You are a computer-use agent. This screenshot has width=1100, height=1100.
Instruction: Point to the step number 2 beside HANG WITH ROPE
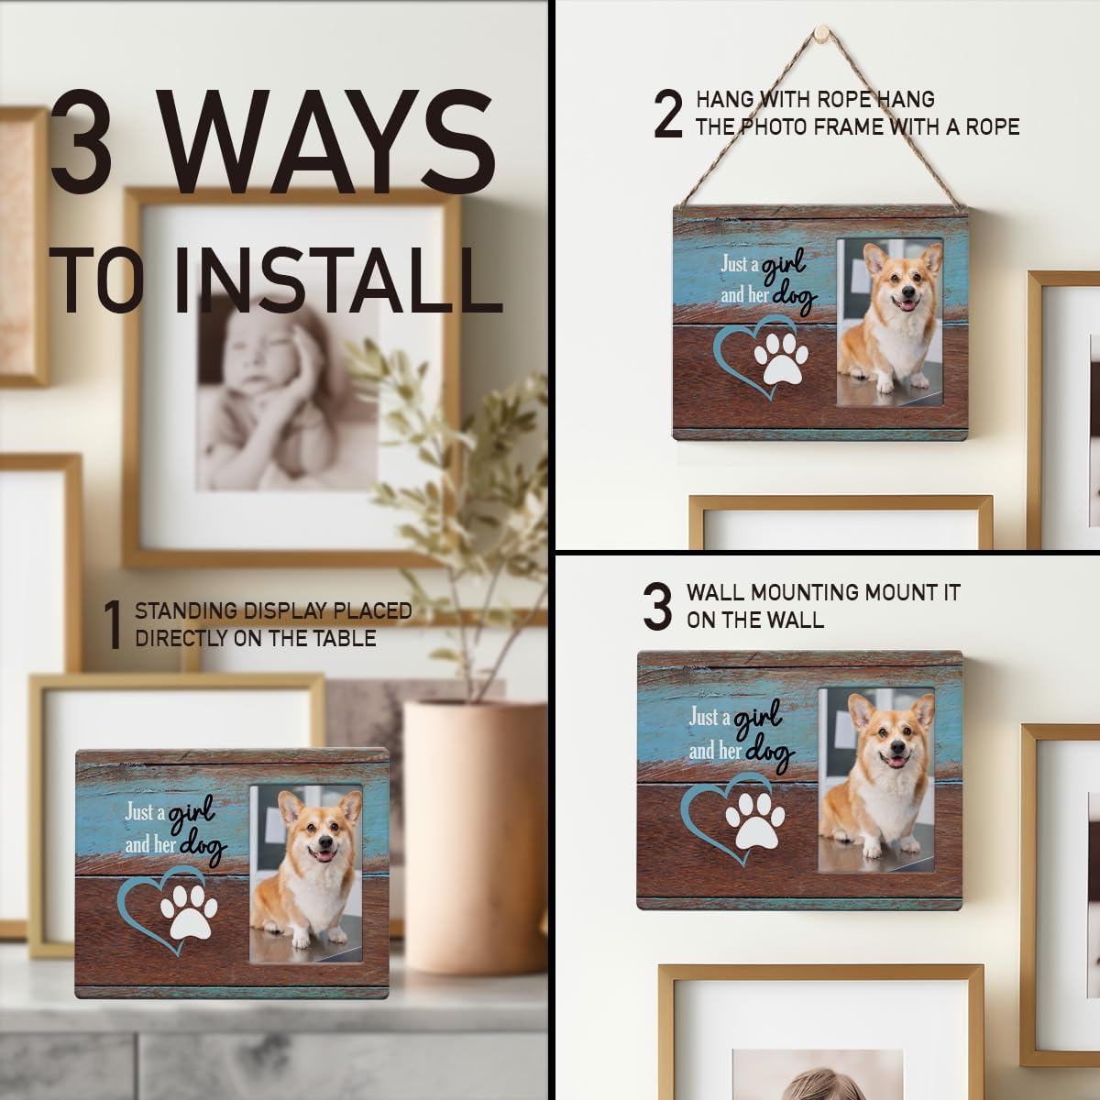tap(668, 114)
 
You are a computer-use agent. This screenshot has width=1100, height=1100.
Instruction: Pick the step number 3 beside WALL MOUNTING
tap(657, 606)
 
